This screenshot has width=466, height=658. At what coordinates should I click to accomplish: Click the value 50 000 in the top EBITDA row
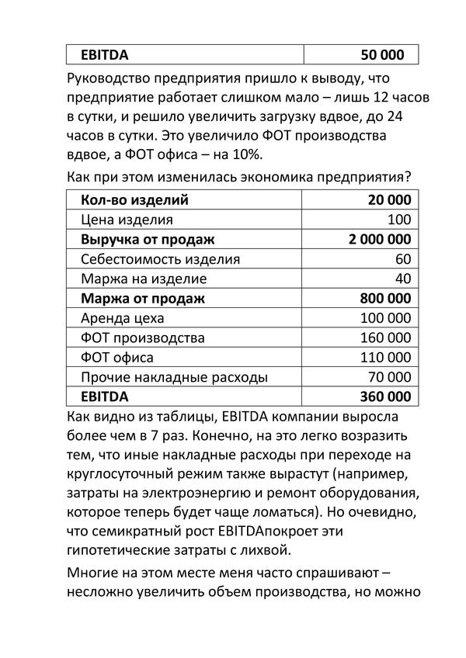(383, 55)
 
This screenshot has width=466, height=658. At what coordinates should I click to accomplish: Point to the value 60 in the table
(402, 258)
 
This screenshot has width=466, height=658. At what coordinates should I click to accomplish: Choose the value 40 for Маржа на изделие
(402, 279)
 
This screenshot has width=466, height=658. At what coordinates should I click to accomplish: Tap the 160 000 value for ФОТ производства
(386, 338)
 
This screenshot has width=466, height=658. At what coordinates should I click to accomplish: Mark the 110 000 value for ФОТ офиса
(386, 357)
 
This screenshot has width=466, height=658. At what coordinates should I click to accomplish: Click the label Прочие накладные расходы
(174, 377)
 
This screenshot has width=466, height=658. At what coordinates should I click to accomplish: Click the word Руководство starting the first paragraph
(114, 79)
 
